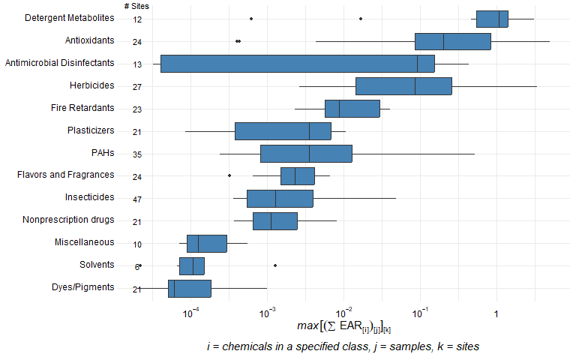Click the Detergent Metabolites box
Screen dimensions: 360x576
[x=492, y=19]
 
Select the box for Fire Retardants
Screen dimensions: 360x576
[x=352, y=109]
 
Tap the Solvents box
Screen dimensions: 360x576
[x=191, y=266]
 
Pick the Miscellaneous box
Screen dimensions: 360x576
[x=206, y=244]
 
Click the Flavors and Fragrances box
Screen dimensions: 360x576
[x=297, y=176]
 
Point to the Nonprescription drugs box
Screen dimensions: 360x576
[x=274, y=221]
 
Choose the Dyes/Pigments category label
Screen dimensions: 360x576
[x=82, y=287]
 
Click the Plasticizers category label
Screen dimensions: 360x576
[x=91, y=130]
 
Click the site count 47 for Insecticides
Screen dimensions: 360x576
[x=137, y=199]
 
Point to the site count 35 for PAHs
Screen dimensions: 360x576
[x=137, y=154]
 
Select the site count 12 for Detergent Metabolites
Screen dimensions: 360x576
[x=137, y=19]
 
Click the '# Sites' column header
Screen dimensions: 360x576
[x=136, y=6]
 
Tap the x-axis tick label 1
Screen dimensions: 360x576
[x=496, y=311]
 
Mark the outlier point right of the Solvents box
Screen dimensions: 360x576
[x=275, y=265]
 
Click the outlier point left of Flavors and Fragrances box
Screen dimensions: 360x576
[x=229, y=175]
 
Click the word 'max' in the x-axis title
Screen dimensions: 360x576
[x=308, y=325]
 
